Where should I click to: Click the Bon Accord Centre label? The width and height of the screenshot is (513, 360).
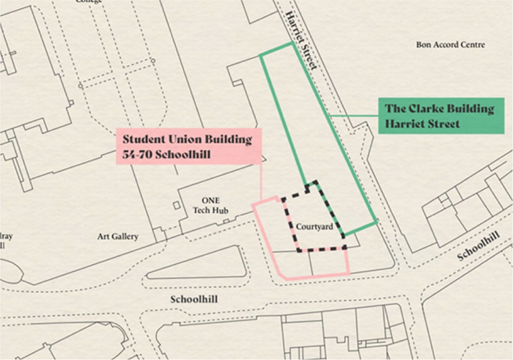pos(450,45)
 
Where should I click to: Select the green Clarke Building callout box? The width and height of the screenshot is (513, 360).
pos(440,116)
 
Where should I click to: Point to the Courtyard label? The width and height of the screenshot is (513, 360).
pos(314,227)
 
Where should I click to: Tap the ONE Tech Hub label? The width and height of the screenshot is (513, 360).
pos(210,206)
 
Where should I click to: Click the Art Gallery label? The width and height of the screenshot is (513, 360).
pos(118,237)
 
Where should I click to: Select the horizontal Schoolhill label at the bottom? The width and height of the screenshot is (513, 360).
pos(194,299)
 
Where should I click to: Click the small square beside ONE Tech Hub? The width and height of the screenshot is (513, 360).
pos(176,205)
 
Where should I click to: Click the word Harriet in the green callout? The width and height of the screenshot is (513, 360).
pos(404,123)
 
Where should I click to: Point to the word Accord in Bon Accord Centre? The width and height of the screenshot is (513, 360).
pos(445,45)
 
